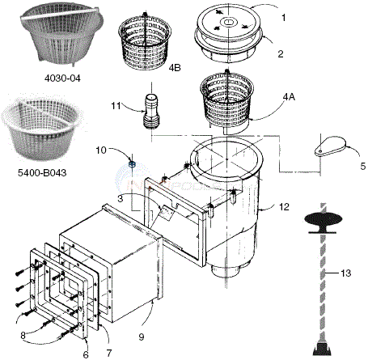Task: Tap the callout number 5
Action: (x=362, y=165)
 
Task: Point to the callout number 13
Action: (x=347, y=274)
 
